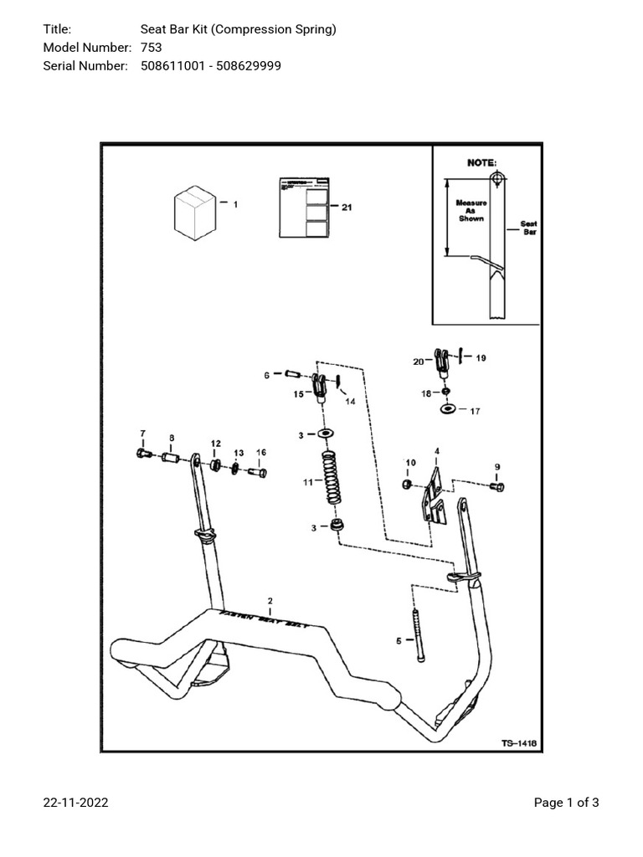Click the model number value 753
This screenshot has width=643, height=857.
pyautogui.click(x=151, y=48)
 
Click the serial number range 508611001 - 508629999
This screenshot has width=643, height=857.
pyautogui.click(x=204, y=65)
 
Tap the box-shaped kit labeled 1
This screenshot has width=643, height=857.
pyautogui.click(x=194, y=213)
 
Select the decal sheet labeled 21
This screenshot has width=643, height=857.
pyautogui.click(x=304, y=208)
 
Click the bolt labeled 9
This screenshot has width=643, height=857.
pyautogui.click(x=500, y=485)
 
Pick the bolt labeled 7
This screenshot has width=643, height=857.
pyautogui.click(x=141, y=454)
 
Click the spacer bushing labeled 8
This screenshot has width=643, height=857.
pyautogui.click(x=170, y=459)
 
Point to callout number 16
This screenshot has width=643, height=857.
pyautogui.click(x=260, y=452)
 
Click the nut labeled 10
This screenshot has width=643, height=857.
pyautogui.click(x=407, y=484)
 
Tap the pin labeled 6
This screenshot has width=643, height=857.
pyautogui.click(x=293, y=374)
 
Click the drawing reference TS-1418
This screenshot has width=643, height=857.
pyautogui.click(x=519, y=742)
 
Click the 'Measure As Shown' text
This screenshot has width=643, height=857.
pyautogui.click(x=471, y=210)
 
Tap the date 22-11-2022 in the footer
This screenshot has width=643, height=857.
pyautogui.click(x=75, y=803)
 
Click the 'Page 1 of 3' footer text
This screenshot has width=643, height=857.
pyautogui.click(x=566, y=803)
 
